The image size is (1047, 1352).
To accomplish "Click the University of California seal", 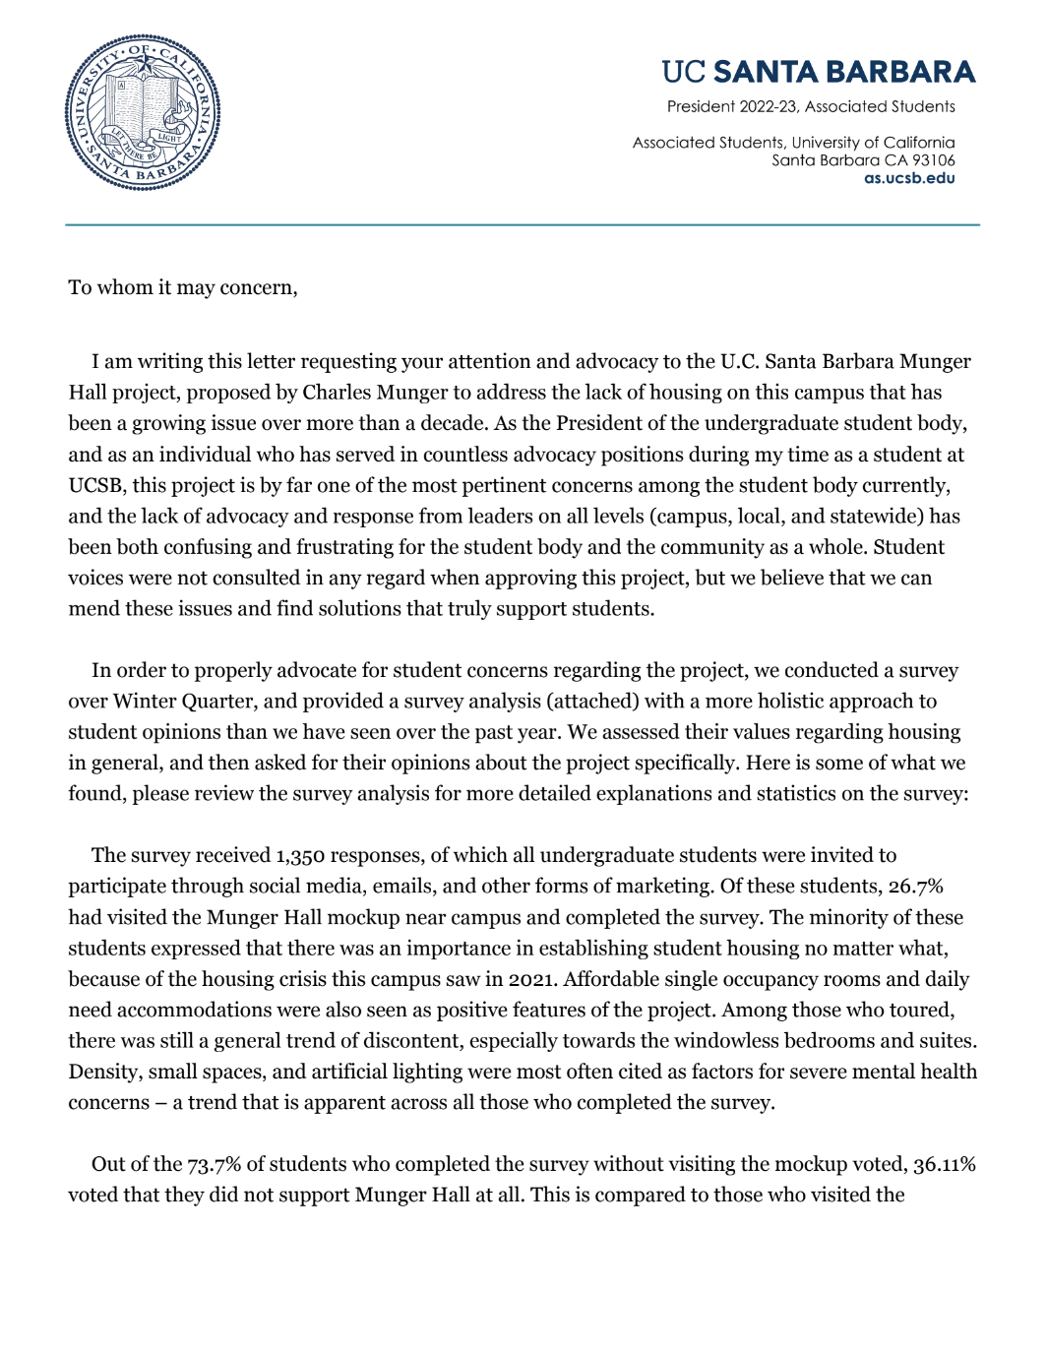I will [143, 113].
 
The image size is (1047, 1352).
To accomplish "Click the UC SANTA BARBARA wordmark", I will [818, 72].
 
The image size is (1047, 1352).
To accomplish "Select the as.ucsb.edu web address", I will [909, 178].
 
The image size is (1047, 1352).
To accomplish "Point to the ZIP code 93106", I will [933, 160].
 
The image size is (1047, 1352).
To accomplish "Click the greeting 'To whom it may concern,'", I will [183, 287].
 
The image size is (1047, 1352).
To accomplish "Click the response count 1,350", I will [300, 855].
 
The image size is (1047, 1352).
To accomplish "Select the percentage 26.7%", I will [915, 886].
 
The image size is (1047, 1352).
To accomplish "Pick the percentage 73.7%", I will [214, 1164].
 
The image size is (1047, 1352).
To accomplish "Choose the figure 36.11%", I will [944, 1164].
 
